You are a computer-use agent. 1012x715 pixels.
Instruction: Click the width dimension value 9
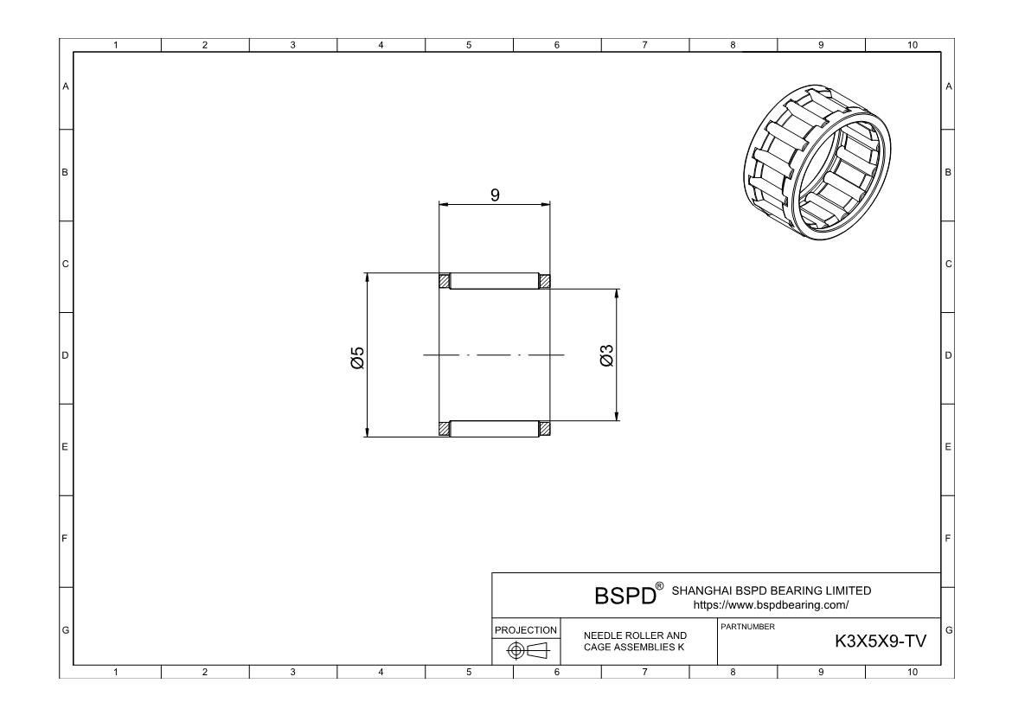(495, 195)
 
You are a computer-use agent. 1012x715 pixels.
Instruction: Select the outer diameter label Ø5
(357, 357)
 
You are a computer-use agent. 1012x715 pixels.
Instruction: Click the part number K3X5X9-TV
(880, 642)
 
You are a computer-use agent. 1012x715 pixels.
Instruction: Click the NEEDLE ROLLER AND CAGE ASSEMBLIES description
(635, 642)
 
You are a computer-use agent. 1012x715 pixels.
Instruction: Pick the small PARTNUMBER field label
(742, 625)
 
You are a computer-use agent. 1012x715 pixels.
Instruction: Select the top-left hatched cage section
(445, 281)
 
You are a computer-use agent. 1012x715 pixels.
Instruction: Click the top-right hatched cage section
(545, 281)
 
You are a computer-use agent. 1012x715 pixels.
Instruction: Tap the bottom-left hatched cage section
(445, 428)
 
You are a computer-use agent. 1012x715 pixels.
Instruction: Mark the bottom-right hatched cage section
(545, 428)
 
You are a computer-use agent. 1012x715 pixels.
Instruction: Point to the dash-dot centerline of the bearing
(494, 354)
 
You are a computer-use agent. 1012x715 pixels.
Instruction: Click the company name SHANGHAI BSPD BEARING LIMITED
(771, 591)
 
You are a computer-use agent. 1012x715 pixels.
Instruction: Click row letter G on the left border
(66, 630)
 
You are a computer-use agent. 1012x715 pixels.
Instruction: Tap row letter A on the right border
(949, 86)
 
